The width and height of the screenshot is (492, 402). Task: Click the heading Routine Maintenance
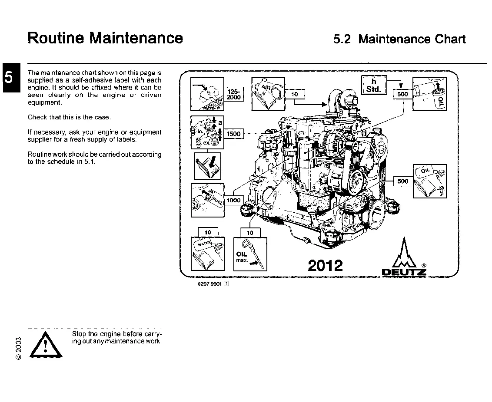click(105, 38)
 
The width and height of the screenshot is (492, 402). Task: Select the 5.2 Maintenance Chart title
click(399, 39)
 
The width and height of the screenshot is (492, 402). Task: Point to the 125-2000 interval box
click(234, 94)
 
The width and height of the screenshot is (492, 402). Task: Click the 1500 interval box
click(233, 134)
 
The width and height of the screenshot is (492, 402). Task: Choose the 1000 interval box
click(233, 200)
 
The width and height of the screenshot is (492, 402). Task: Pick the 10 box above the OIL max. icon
click(250, 233)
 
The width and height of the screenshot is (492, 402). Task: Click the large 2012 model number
click(325, 265)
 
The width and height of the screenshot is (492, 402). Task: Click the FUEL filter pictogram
click(207, 200)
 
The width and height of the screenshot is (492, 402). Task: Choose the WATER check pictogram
click(207, 254)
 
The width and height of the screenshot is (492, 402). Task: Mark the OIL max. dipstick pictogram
click(250, 254)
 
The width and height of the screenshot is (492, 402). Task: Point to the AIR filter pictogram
click(268, 94)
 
